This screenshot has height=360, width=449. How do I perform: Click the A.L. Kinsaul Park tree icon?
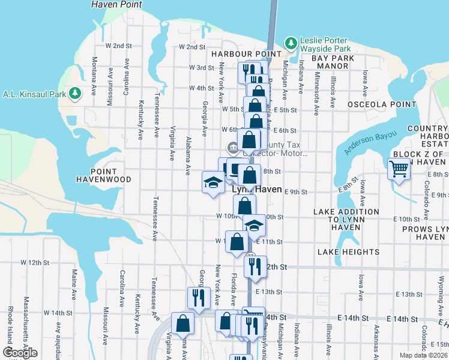click(x=76, y=94)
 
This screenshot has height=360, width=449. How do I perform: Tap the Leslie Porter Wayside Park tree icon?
click(x=291, y=43)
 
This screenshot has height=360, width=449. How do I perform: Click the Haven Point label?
click(x=117, y=4)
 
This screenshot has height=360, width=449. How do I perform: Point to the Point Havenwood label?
click(x=104, y=175)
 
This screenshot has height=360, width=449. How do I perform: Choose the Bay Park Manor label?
click(x=330, y=62)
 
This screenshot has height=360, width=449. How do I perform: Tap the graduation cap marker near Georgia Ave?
click(x=212, y=183)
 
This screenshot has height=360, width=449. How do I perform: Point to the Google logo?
click(x=20, y=353)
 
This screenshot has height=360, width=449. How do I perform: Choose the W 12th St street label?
click(x=34, y=263)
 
